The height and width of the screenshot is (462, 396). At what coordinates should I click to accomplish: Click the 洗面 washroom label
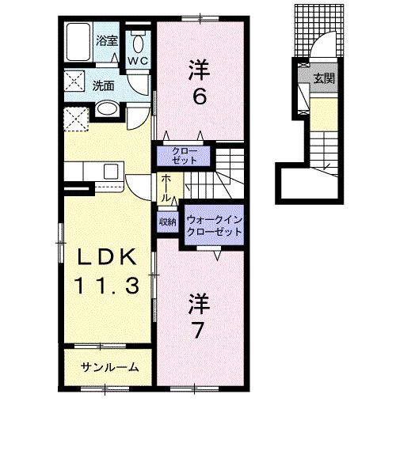[x=102, y=85]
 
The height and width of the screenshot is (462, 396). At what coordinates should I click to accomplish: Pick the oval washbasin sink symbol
[x=109, y=109]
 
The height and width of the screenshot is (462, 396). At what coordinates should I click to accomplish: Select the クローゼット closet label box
[x=185, y=153]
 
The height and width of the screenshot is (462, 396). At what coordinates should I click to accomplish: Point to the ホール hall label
[x=166, y=188]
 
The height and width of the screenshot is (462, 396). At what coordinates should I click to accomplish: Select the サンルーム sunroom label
[x=111, y=366]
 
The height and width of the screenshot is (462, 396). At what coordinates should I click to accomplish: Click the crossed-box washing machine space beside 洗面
[x=76, y=80]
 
